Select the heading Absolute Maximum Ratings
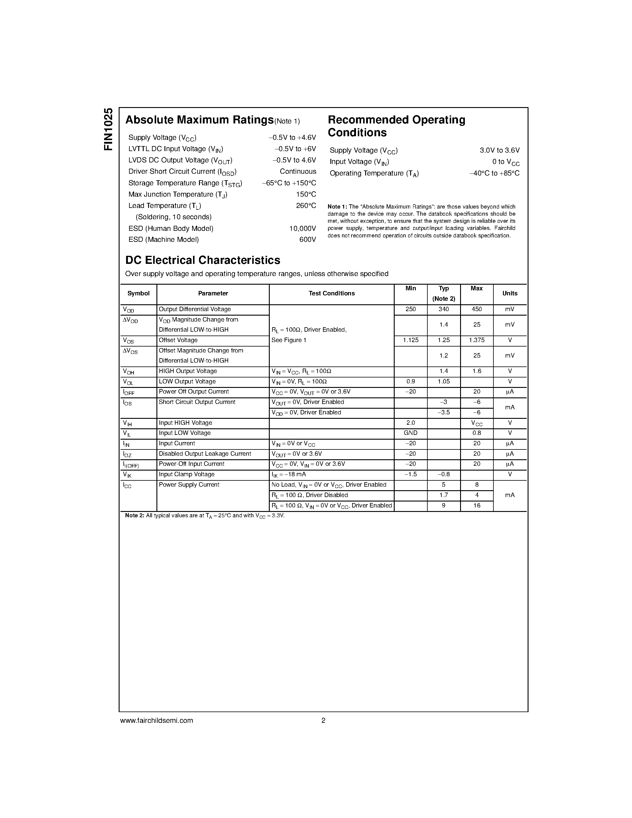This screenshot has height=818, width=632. (x=199, y=120)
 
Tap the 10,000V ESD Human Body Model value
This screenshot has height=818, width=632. (x=302, y=228)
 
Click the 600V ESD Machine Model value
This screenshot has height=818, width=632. (x=308, y=240)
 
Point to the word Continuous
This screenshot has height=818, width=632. (x=298, y=172)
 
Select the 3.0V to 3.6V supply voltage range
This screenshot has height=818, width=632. (x=499, y=151)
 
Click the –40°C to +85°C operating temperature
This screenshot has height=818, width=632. (x=494, y=173)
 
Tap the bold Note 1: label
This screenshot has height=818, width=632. (x=337, y=207)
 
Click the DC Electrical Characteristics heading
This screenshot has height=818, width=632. (x=203, y=260)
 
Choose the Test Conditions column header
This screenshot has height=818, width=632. (x=331, y=294)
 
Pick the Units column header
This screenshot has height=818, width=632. (x=509, y=294)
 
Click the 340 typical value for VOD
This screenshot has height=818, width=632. (x=444, y=309)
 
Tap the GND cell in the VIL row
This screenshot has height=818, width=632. (x=410, y=433)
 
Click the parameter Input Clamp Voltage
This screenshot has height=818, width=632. (x=186, y=474)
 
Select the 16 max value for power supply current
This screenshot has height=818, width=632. (x=477, y=506)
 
